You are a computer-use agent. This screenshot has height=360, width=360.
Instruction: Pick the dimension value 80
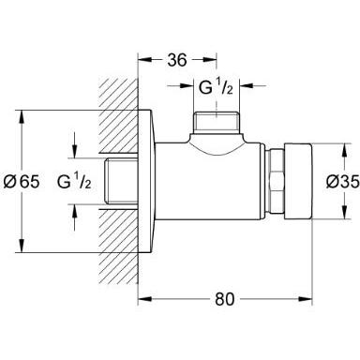(222, 301)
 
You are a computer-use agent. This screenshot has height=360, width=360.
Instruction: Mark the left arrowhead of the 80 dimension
(143, 300)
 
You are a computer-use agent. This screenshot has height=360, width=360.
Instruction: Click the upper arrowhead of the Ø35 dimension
(331, 148)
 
